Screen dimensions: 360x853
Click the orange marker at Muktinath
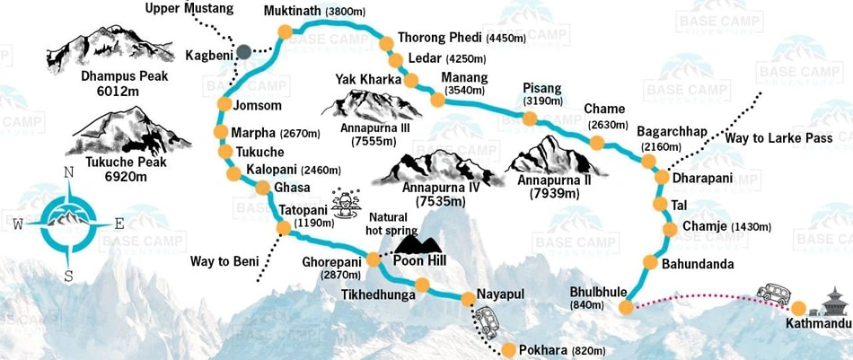pos(285,32)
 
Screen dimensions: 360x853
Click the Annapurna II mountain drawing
pos(550,154)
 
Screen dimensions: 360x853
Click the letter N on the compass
pos(68,173)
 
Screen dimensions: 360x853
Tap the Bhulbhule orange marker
pos(626,308)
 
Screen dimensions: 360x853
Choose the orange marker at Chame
pos(597,143)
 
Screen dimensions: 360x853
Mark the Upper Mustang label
pos(188,9)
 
